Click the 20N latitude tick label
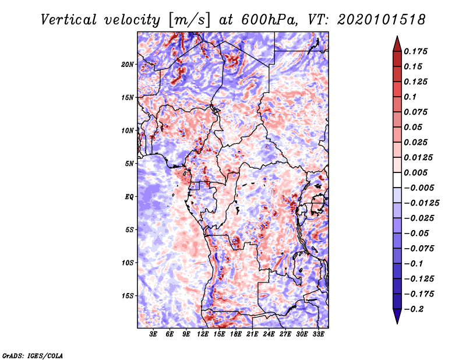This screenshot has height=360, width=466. (128, 65)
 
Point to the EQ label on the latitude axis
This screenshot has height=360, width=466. (129, 197)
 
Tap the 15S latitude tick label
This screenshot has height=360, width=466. (128, 296)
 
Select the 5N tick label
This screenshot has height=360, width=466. (129, 164)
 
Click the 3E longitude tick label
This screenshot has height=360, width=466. (153, 334)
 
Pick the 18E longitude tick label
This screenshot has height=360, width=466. (236, 334)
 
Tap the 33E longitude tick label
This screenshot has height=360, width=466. (318, 334)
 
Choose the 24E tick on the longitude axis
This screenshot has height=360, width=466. (269, 334)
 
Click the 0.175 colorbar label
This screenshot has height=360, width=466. (415, 51)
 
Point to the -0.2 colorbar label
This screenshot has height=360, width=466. (414, 309)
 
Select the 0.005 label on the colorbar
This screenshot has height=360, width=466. (415, 172)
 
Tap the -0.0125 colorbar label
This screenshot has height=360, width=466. (421, 203)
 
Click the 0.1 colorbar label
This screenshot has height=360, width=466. (410, 97)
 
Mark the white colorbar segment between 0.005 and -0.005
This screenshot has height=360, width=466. (397, 180)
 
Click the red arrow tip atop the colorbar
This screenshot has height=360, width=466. (397, 36)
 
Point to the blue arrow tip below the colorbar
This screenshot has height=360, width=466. (397, 323)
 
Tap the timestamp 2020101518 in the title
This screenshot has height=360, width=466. (382, 20)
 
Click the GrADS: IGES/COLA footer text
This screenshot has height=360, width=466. (33, 355)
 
